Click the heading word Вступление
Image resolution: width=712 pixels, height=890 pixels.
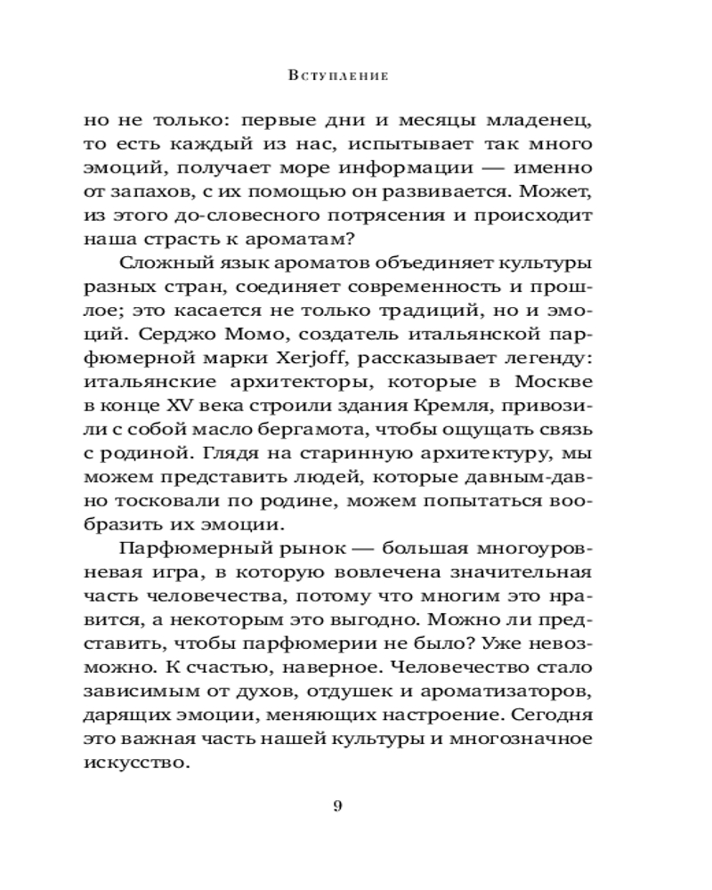(338, 76)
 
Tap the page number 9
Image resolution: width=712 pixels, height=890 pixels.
(337, 807)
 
